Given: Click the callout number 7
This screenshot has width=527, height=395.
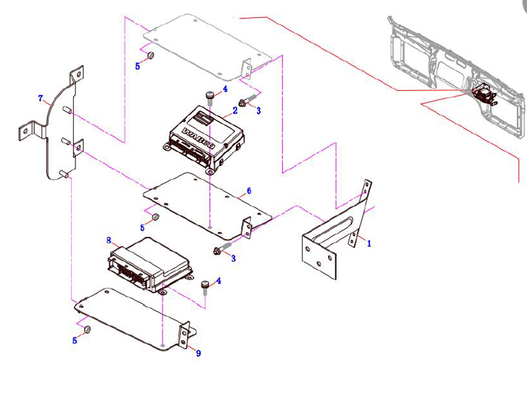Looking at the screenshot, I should [41, 99].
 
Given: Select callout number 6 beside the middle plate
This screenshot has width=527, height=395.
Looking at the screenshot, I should [248, 191].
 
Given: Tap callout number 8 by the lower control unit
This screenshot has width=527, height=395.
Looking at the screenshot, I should [109, 240].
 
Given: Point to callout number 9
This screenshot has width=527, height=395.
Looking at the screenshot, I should [198, 353].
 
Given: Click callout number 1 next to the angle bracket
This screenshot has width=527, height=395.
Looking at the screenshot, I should [369, 243].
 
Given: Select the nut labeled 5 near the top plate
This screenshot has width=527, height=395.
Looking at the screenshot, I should [150, 56].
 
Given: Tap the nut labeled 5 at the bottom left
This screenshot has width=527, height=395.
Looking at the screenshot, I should [89, 330].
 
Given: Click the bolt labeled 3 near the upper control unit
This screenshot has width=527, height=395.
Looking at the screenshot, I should [242, 102].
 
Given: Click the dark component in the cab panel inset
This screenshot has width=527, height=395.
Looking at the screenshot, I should [484, 95].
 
